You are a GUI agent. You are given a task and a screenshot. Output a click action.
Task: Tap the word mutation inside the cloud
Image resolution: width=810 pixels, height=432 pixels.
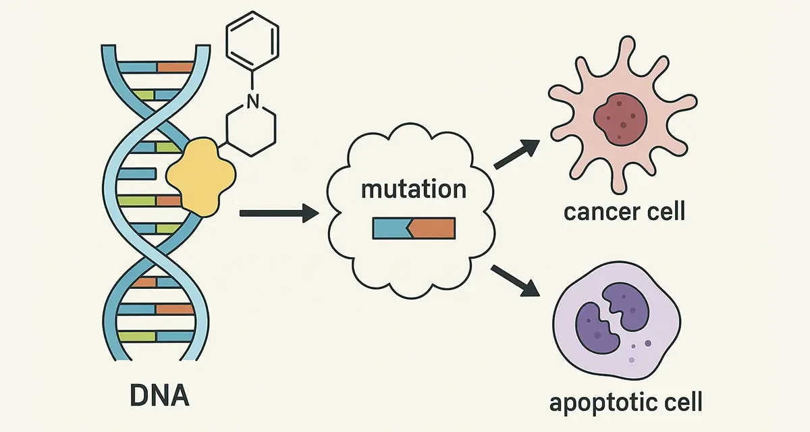(x=413, y=188)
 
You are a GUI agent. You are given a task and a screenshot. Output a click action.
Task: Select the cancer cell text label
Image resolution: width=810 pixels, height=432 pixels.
(x=624, y=212)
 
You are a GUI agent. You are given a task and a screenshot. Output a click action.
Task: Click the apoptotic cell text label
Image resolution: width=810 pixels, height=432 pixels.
(x=625, y=403)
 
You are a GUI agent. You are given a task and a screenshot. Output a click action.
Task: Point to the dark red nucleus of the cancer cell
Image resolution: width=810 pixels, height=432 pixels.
(x=620, y=119)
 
